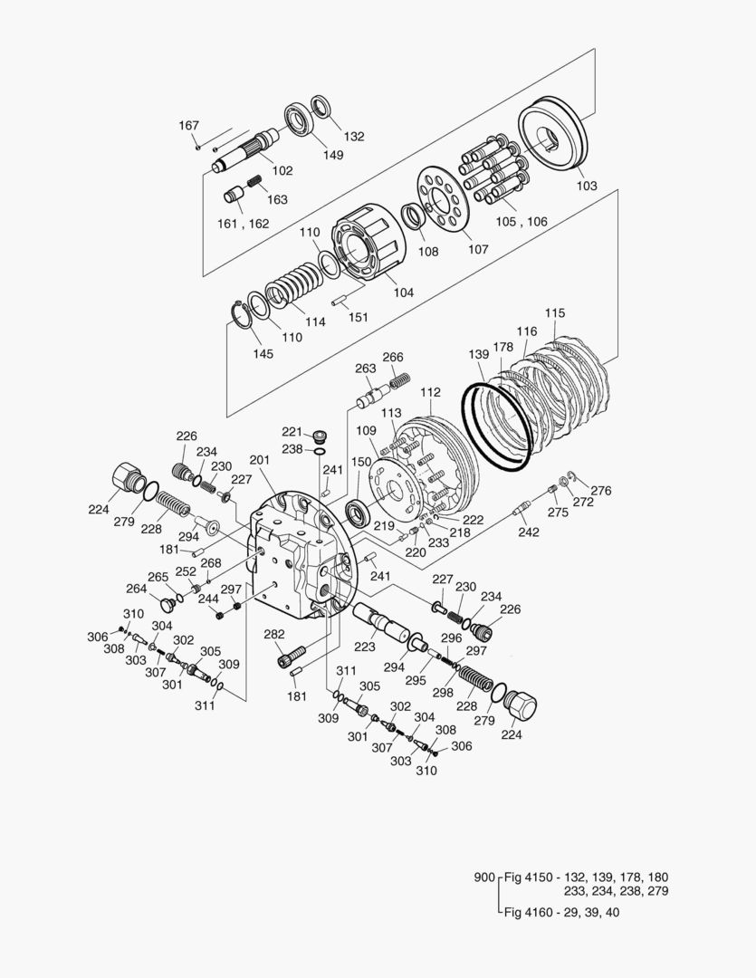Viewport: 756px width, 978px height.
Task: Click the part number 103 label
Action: [x=587, y=186]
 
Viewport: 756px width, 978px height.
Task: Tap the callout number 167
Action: [x=188, y=125]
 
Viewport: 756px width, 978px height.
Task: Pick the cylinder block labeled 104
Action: [x=368, y=242]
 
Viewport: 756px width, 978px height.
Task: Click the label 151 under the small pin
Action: [x=358, y=317]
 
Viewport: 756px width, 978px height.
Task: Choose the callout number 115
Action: [x=554, y=313]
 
